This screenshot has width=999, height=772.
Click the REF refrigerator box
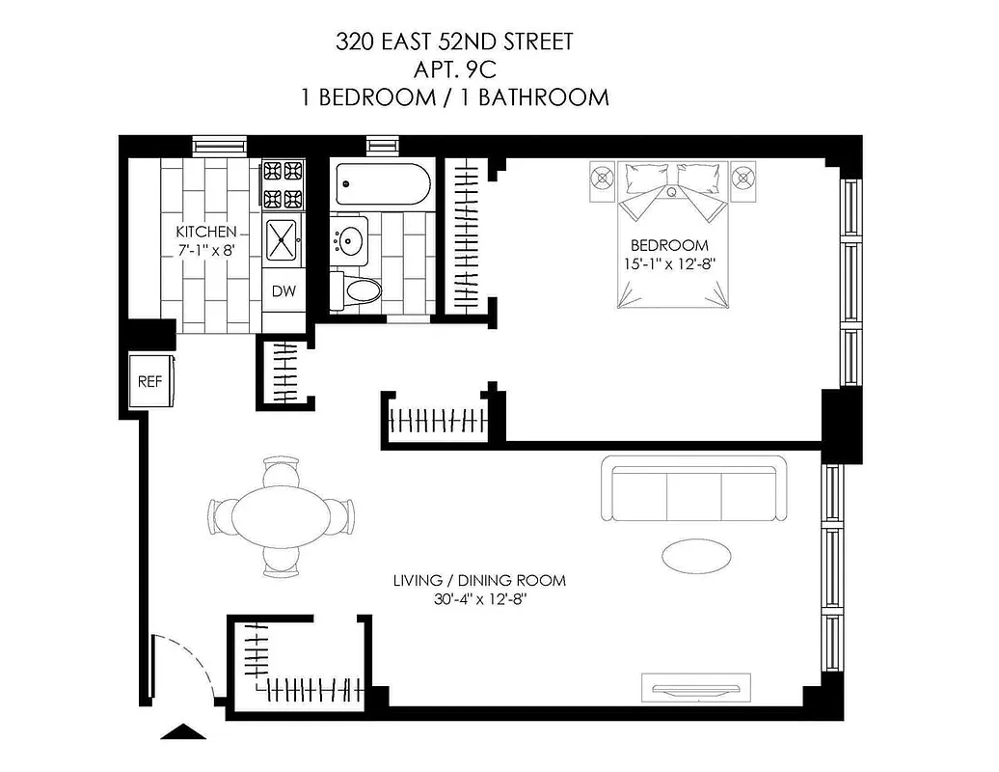(149, 381)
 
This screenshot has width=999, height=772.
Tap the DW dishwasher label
(283, 291)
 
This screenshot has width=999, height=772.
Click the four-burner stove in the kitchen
(283, 185)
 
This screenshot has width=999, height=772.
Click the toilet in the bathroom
(355, 289)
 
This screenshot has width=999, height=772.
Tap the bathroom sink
(349, 238)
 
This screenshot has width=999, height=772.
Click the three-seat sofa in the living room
(694, 492)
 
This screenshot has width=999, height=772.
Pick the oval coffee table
(695, 554)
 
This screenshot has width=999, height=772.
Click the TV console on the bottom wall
(694, 689)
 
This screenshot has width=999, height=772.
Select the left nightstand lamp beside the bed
(604, 178)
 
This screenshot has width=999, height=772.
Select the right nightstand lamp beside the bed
(742, 178)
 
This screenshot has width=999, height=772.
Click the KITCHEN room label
(204, 232)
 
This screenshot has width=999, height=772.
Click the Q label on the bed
(671, 192)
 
